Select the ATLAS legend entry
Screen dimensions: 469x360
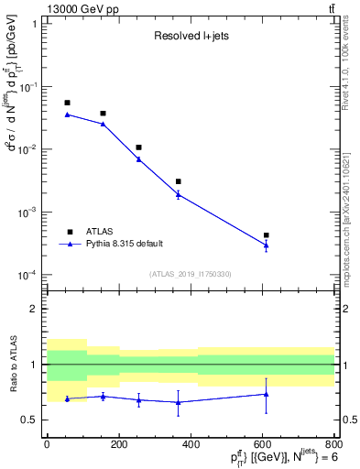click(x=104, y=232)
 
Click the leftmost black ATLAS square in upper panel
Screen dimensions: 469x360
click(x=67, y=103)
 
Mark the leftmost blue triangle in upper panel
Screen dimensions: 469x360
click(x=67, y=115)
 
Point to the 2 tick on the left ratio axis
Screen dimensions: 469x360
click(x=35, y=309)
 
